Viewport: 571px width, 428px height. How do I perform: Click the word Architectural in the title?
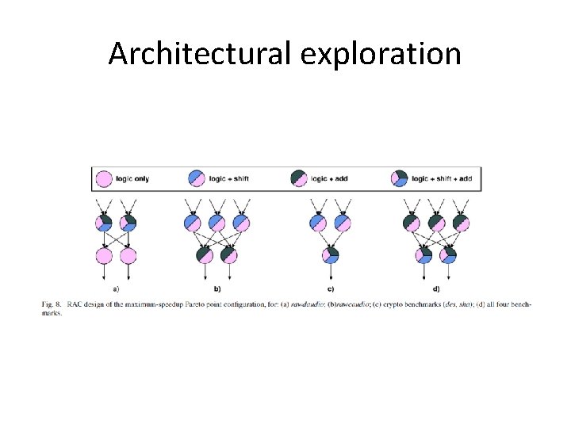pyautogui.click(x=199, y=54)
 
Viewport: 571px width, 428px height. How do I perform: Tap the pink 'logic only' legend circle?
pyautogui.click(x=103, y=178)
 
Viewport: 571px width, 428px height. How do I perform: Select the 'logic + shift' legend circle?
pyautogui.click(x=197, y=178)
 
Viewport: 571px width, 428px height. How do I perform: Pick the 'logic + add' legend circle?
pyautogui.click(x=300, y=178)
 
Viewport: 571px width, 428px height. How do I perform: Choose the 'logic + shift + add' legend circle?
pyautogui.click(x=400, y=178)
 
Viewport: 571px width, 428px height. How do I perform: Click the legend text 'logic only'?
pyautogui.click(x=132, y=178)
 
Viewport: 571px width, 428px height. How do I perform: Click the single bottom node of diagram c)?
pyautogui.click(x=331, y=255)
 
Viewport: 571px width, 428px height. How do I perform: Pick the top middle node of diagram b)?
pyautogui.click(x=217, y=224)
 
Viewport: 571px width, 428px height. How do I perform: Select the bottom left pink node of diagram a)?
pyautogui.click(x=104, y=255)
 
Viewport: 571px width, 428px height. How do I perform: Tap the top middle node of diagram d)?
pyautogui.click(x=435, y=224)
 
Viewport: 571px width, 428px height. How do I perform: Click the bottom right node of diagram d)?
pyautogui.click(x=448, y=255)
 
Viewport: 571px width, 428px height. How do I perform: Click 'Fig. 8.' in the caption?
pyautogui.click(x=52, y=304)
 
